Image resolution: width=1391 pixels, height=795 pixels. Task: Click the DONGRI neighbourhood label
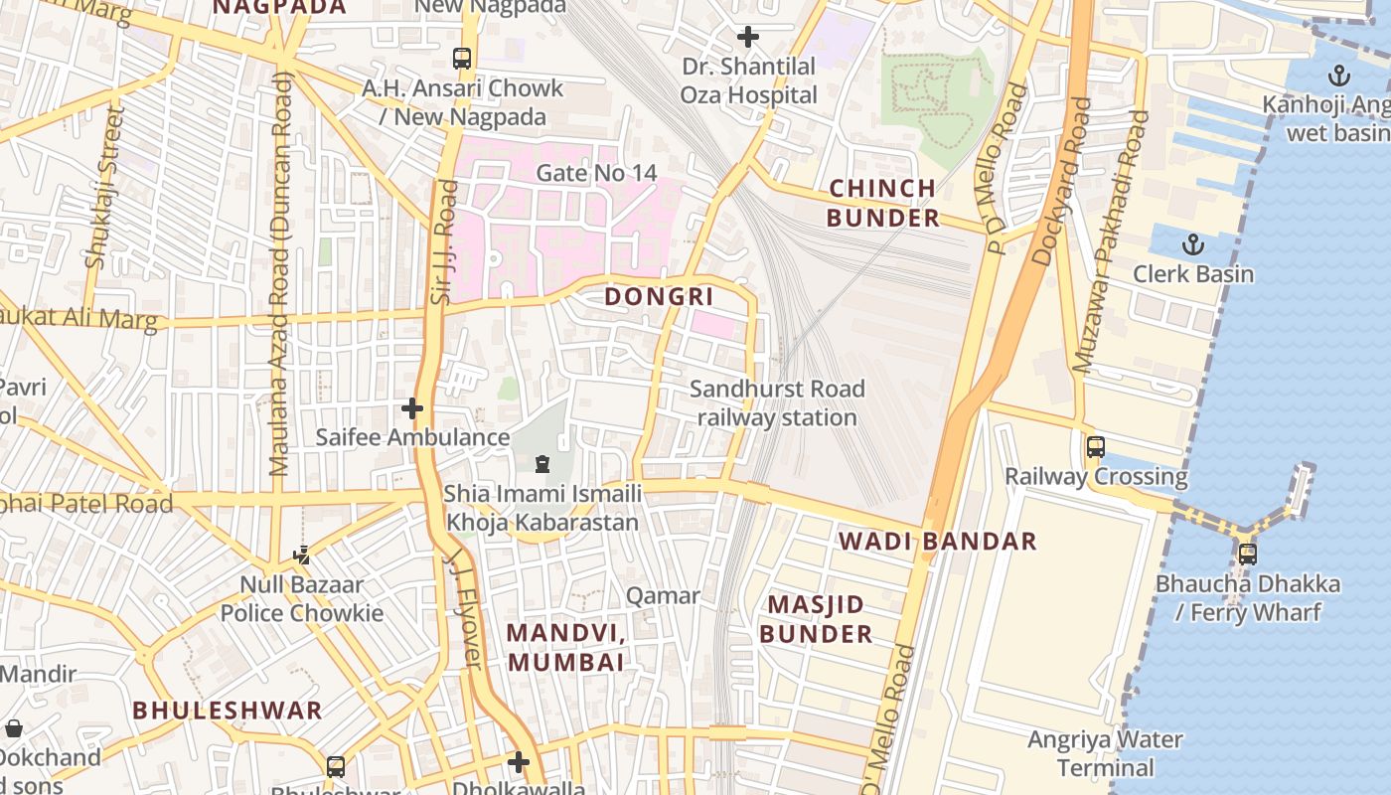[659, 296]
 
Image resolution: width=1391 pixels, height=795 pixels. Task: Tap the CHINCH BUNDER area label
[883, 203]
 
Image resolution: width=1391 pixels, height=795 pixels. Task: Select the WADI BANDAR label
[938, 542]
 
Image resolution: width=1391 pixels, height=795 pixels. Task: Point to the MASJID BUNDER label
[816, 619]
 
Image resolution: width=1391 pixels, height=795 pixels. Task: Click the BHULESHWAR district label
[228, 711]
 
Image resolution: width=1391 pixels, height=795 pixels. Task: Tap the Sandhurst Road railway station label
[777, 402]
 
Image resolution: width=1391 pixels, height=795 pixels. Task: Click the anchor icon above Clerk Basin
[1193, 244]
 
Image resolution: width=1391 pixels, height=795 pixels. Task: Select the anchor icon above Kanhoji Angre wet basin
[1339, 75]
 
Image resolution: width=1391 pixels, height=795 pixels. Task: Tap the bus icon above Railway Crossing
[1095, 447]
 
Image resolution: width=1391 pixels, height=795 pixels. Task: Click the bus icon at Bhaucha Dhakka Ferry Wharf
[1247, 554]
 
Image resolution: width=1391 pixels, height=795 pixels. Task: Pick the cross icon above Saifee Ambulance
[412, 408]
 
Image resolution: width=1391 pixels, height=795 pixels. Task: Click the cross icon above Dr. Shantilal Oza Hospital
[748, 38]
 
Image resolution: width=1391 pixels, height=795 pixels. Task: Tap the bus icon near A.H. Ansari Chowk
[462, 59]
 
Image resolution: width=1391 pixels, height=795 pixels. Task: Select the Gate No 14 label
[596, 173]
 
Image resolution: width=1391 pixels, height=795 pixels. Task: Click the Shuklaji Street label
[105, 189]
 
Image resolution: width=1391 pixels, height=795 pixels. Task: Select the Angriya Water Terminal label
[1105, 753]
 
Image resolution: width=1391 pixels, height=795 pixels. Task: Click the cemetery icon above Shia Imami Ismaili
[542, 463]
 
